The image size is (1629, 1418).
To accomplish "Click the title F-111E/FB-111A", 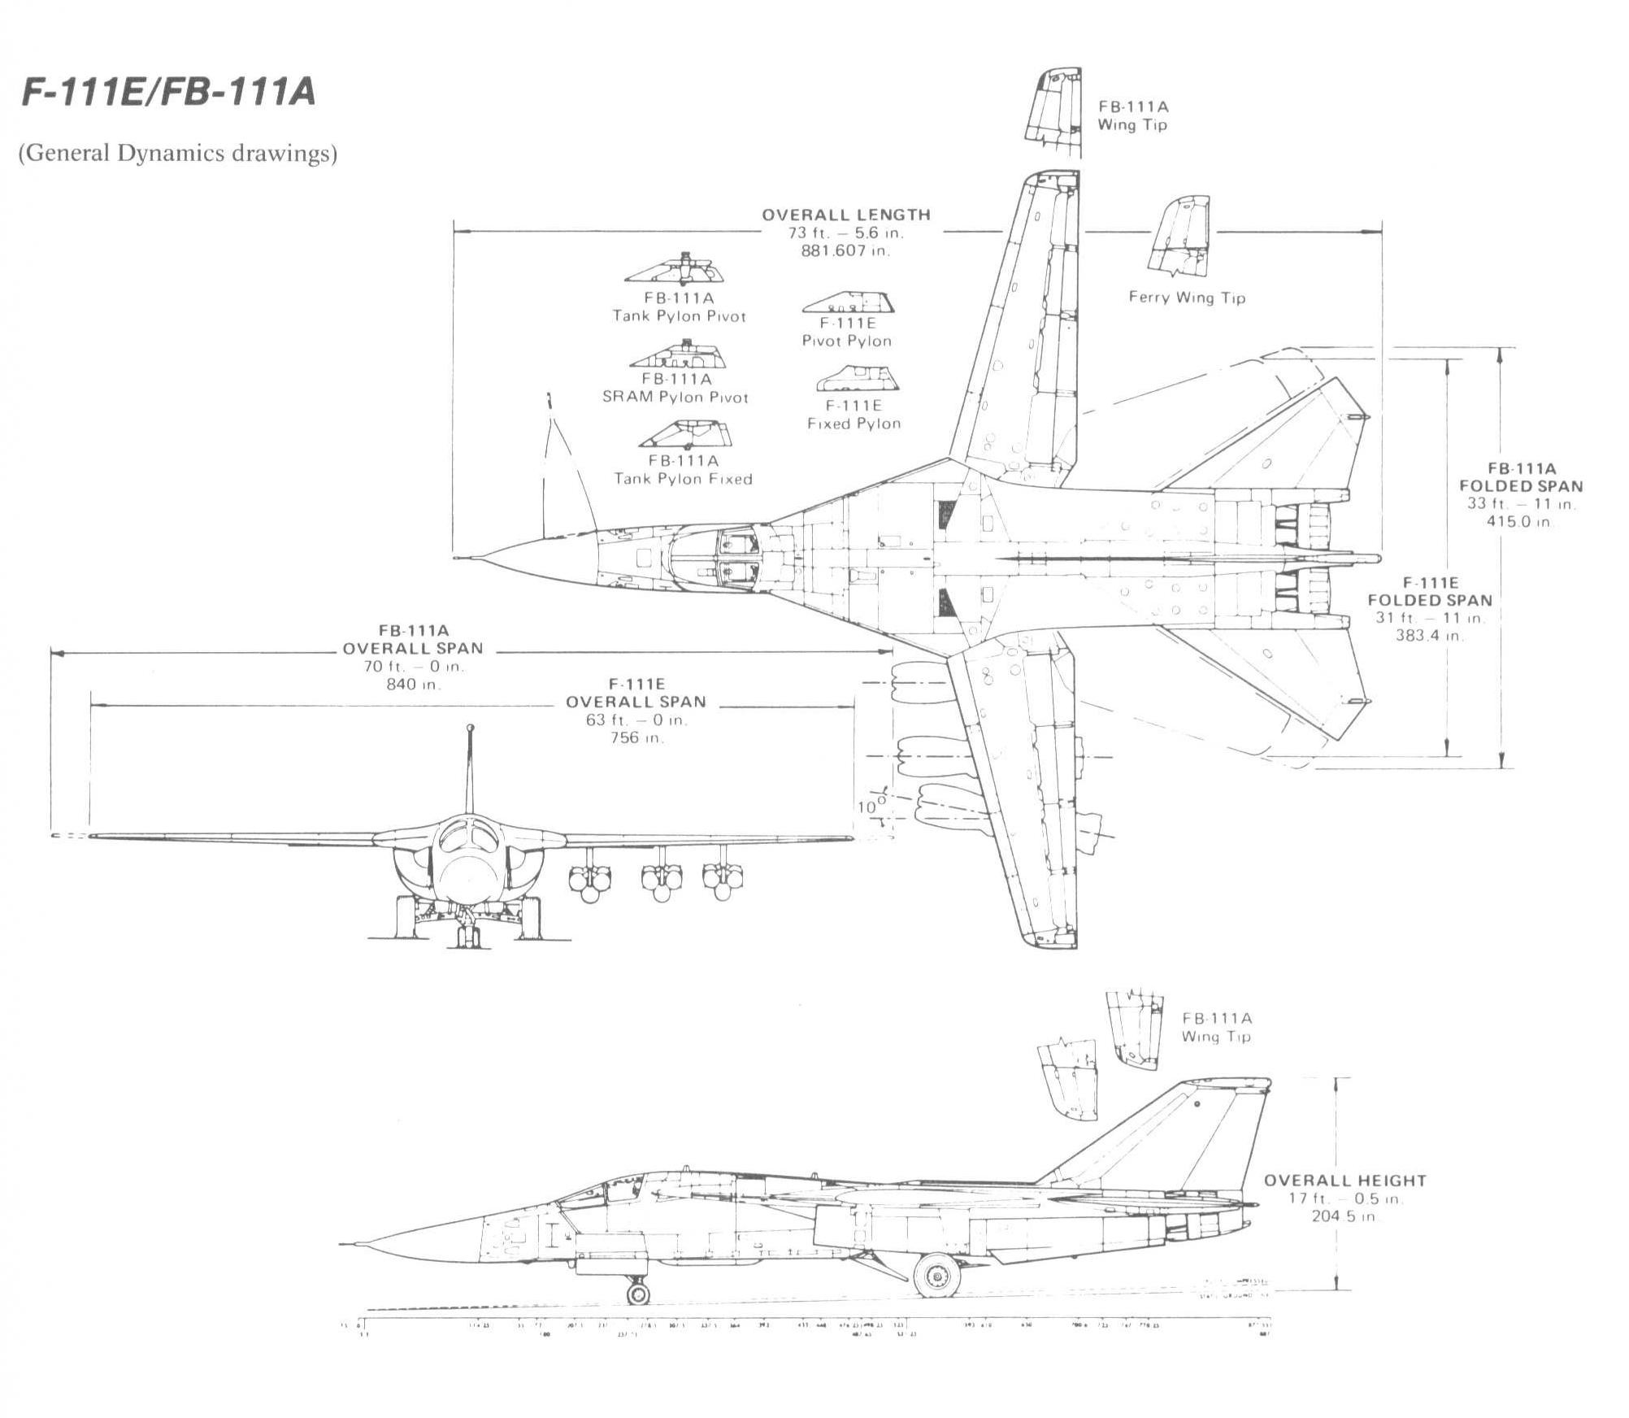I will pos(167,94).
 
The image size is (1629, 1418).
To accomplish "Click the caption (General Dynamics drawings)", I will pos(177,154).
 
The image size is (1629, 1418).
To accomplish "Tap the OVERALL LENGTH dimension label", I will pos(845,215).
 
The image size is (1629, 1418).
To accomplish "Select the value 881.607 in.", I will pos(845,250).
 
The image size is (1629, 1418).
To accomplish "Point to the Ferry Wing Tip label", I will pos(1187,298).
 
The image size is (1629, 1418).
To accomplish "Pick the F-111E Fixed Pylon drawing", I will pos(855,379).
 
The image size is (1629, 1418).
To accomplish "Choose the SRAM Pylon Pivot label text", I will pos(675,397).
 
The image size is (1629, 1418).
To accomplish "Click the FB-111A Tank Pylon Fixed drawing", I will pos(685,434).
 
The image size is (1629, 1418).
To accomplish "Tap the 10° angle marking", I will pos(867,807).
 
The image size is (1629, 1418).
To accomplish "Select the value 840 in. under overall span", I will pos(412,685).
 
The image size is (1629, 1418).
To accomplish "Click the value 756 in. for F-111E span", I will pos(636,738).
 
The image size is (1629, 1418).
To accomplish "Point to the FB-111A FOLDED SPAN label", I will pos(1521,477).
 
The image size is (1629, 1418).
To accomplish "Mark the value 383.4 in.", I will pos(1429,636).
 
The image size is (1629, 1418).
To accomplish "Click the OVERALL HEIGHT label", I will pos(1344,1181).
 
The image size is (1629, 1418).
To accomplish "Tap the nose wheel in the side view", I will pos(638,1291).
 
